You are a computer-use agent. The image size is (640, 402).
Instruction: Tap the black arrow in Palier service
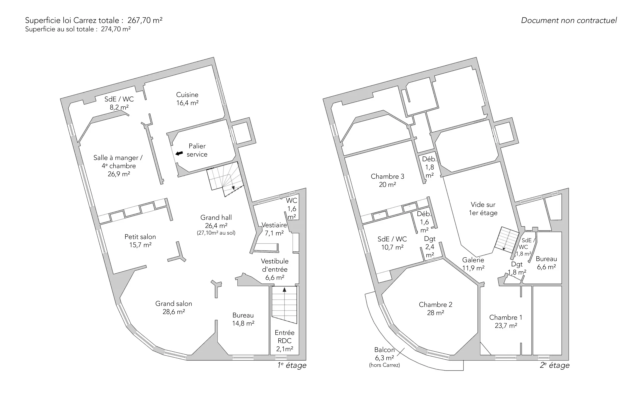(x=179, y=153)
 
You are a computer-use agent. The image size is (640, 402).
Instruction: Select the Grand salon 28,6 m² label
(x=174, y=308)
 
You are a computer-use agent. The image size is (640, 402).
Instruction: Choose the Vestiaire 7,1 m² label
(x=274, y=229)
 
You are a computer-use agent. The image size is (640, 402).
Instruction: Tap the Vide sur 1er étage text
(x=483, y=209)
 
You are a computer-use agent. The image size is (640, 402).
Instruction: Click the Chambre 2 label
(x=436, y=309)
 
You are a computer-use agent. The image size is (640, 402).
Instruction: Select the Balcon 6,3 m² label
(x=384, y=354)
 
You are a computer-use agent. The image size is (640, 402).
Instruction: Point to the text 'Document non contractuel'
(x=569, y=20)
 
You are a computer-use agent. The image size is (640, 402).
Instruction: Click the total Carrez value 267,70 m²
(x=145, y=20)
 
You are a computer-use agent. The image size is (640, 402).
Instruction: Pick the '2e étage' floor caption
(x=555, y=365)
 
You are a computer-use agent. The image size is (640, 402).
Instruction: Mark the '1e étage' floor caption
(x=292, y=365)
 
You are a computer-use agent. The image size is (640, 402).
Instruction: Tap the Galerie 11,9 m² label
(x=473, y=264)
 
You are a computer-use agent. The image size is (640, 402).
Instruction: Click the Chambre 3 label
(x=387, y=180)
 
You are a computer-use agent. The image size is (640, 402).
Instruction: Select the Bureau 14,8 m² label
(x=243, y=319)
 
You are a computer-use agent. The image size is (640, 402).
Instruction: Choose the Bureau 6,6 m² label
(x=546, y=263)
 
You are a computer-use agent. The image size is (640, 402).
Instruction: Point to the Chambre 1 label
(x=506, y=321)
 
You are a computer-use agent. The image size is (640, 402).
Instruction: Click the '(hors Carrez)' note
(x=384, y=365)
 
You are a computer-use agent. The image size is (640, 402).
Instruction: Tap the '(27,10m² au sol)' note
(x=216, y=233)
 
